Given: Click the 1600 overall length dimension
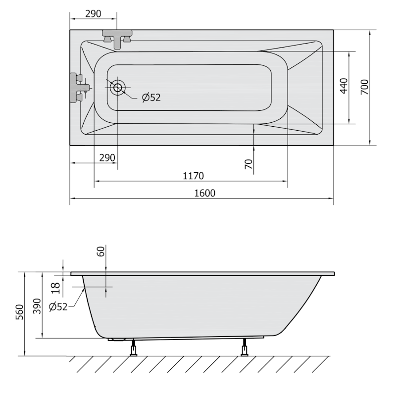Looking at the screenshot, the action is click(204, 193).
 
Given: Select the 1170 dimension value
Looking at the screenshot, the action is click(193, 176).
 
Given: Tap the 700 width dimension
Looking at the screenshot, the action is click(364, 87).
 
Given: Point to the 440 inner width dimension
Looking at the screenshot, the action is click(344, 86).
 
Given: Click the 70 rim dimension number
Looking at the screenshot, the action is click(249, 164).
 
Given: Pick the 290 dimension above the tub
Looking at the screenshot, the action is click(93, 14).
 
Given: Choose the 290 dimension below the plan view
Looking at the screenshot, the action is click(107, 158).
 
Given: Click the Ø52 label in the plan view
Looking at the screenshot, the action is click(151, 98).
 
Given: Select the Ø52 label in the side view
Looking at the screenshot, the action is click(58, 306).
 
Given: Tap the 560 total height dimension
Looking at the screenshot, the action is click(19, 312).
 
